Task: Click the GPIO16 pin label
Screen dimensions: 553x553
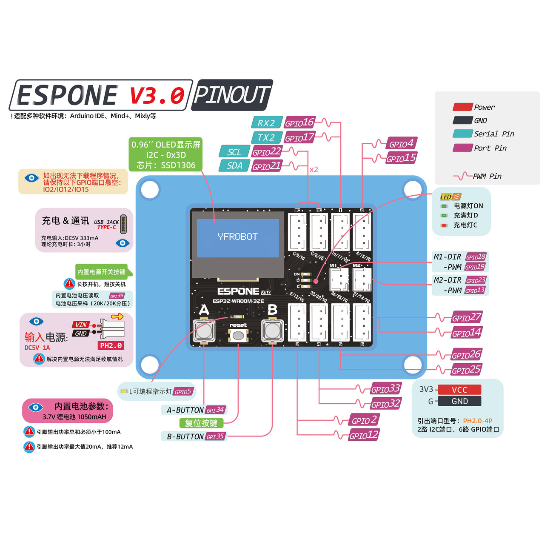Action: click(299, 123)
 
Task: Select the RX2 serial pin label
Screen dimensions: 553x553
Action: click(266, 123)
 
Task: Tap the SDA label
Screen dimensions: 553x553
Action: click(234, 165)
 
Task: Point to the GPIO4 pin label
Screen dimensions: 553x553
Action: click(401, 144)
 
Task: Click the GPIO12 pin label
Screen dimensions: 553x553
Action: click(364, 435)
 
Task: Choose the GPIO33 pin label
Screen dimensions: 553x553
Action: click(385, 389)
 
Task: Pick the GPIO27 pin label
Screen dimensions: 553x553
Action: click(466, 317)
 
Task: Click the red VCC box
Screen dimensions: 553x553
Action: click(459, 390)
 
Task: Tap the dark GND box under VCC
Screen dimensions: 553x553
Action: click(459, 401)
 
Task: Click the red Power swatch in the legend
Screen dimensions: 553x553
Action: click(462, 107)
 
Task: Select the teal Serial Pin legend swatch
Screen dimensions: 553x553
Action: click(462, 134)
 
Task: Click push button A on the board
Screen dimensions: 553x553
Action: click(204, 330)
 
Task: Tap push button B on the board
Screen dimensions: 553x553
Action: click(272, 330)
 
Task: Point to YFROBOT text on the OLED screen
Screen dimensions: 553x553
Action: click(237, 237)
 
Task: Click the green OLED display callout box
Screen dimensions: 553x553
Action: click(165, 155)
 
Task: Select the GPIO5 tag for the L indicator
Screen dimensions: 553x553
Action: click(183, 392)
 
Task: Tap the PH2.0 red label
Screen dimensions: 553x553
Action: click(111, 345)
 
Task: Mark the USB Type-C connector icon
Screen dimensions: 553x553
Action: click(123, 224)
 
